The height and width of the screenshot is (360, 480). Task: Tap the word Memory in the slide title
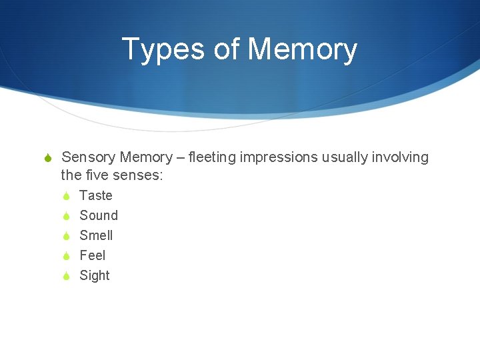click(302, 50)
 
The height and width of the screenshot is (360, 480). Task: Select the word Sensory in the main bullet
click(89, 157)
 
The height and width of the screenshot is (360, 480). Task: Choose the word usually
click(344, 157)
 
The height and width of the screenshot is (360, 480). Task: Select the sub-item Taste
click(96, 195)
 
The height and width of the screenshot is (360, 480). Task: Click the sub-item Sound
click(99, 215)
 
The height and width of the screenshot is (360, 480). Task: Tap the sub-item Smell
click(96, 235)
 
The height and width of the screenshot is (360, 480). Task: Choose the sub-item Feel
click(93, 255)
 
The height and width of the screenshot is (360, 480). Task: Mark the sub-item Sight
click(95, 275)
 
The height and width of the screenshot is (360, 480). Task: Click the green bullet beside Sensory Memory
click(47, 158)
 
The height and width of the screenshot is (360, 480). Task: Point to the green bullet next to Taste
click(66, 196)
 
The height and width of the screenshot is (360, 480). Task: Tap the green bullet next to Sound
click(66, 216)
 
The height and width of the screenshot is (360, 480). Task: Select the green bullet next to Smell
click(66, 236)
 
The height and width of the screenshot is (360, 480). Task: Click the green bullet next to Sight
click(66, 276)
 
